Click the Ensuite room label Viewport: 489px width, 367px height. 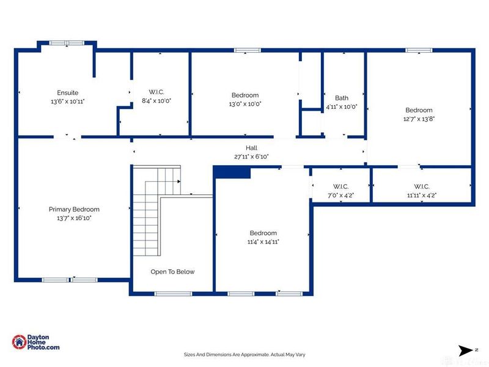point(68,93)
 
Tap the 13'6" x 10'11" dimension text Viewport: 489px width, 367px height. point(68,102)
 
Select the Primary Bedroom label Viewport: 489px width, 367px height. point(74,209)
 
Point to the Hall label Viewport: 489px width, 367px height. point(251,148)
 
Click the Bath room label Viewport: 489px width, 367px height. point(342,98)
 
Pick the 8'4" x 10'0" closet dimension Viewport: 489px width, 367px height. point(156,101)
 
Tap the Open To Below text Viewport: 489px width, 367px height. point(172,272)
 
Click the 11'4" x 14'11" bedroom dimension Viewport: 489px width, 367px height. point(263,242)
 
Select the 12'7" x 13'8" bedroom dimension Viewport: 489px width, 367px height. point(419,119)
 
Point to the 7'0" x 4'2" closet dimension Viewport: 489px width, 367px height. point(340,195)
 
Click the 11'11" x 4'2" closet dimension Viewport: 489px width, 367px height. point(422,195)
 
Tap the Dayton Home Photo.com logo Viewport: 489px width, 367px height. point(35,342)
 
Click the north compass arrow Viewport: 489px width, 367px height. point(466,350)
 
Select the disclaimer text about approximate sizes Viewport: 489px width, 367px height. point(244,355)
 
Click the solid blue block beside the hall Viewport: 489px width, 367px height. point(232,172)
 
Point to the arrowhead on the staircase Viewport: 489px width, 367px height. point(179,181)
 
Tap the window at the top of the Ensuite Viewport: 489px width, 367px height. point(67,43)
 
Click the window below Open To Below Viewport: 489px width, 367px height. point(173,294)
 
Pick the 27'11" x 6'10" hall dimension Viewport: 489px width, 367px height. point(251,157)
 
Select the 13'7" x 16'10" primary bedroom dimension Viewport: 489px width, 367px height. point(74,218)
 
